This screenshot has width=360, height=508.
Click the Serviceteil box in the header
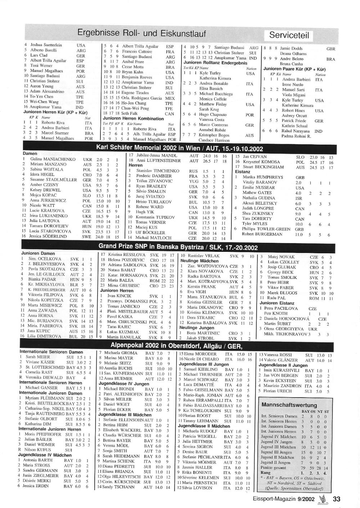289,35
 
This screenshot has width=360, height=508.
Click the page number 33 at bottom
337,499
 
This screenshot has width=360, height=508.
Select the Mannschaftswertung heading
289,405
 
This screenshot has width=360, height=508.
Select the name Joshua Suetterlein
46,45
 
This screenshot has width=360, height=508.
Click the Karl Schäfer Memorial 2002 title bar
179,148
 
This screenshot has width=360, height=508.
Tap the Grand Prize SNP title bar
178,247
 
